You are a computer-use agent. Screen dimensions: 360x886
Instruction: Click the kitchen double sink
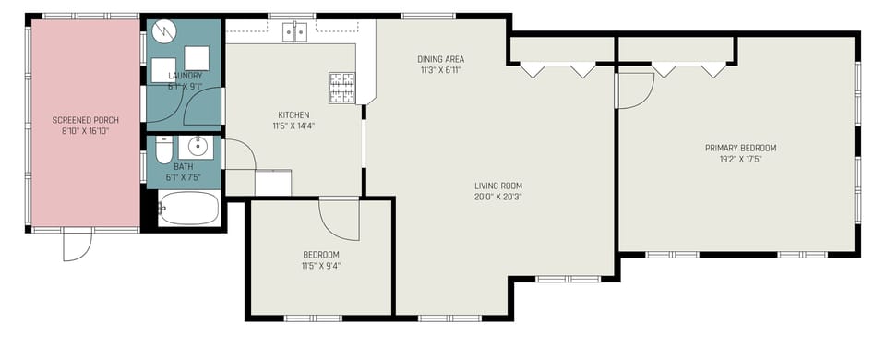point(295,32)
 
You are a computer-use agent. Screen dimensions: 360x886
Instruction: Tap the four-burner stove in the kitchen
point(342,87)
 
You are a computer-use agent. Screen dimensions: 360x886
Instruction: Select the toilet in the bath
point(163,150)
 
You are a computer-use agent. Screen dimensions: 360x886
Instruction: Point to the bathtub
point(188,209)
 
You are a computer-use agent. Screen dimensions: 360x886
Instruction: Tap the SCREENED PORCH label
point(86,121)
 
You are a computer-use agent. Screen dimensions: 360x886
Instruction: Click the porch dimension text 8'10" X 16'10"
point(86,131)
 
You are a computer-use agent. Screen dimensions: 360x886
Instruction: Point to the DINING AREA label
point(440,59)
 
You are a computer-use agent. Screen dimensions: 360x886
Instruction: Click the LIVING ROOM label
point(499,186)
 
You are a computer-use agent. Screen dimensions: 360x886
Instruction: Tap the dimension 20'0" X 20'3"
point(499,196)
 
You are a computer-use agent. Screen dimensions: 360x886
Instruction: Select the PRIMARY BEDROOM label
point(740,148)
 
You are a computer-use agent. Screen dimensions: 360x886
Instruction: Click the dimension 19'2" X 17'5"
point(740,159)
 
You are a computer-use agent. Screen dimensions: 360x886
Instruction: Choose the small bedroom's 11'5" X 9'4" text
point(321,266)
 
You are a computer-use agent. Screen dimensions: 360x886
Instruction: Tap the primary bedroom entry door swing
point(635,90)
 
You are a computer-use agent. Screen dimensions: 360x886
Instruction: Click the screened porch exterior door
point(77,245)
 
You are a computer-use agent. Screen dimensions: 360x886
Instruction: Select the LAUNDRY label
point(186,76)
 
